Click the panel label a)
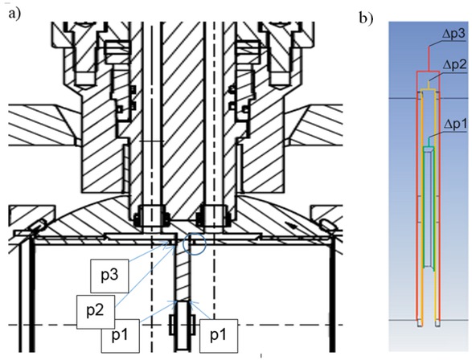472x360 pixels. pyautogui.click(x=15, y=14)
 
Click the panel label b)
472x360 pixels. pyautogui.click(x=367, y=18)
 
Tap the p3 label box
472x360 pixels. pyautogui.click(x=110, y=276)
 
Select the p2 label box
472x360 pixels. pyautogui.click(x=96, y=312)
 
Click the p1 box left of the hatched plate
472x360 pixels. pyautogui.click(x=121, y=336)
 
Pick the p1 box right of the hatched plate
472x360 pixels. pyautogui.click(x=219, y=336)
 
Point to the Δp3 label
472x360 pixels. pyautogui.click(x=454, y=34)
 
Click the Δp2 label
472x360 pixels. pyautogui.click(x=454, y=64)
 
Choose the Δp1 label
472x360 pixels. pyautogui.click(x=455, y=124)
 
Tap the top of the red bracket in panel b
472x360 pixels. pyautogui.click(x=429, y=72)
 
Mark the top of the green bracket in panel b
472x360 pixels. pyautogui.click(x=429, y=147)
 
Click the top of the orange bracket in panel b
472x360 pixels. pyautogui.click(x=429, y=89)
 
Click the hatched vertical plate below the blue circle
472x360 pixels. pyautogui.click(x=183, y=272)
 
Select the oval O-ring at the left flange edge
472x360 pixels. pyautogui.click(x=39, y=225)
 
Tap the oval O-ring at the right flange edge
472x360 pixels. pyautogui.click(x=327, y=225)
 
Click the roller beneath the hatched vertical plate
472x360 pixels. pyautogui.click(x=183, y=325)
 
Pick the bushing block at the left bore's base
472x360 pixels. pyautogui.click(x=152, y=216)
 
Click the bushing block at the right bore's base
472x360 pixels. pyautogui.click(x=213, y=216)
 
